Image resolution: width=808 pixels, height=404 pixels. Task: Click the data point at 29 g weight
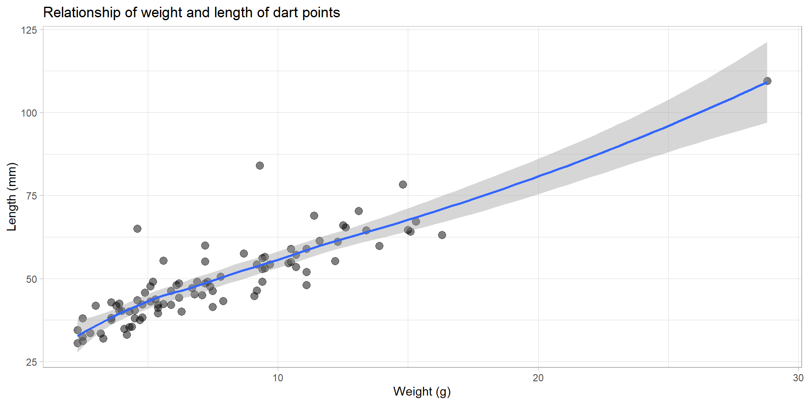coord(767,81)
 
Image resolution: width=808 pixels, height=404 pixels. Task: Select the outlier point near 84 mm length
coord(260,165)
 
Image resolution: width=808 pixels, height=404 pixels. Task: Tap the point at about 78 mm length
coord(403,184)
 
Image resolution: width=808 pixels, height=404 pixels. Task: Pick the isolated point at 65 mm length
coord(137,229)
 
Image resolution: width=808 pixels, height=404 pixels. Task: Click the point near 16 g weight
coord(442,235)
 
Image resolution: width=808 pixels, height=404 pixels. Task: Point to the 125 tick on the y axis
coord(29,30)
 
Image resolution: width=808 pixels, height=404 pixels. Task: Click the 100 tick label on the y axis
coord(29,113)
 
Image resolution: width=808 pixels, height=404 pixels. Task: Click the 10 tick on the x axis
coord(278,378)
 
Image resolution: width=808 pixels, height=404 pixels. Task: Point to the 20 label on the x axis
coord(538,378)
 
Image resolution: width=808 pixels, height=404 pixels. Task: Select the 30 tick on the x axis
coord(798,378)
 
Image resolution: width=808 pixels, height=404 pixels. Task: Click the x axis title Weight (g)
coord(422,391)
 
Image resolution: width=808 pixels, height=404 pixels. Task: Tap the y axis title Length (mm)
coord(12,197)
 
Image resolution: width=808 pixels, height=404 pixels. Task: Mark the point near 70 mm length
coord(359,211)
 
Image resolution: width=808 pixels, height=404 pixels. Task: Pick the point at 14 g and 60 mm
coord(379,246)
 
